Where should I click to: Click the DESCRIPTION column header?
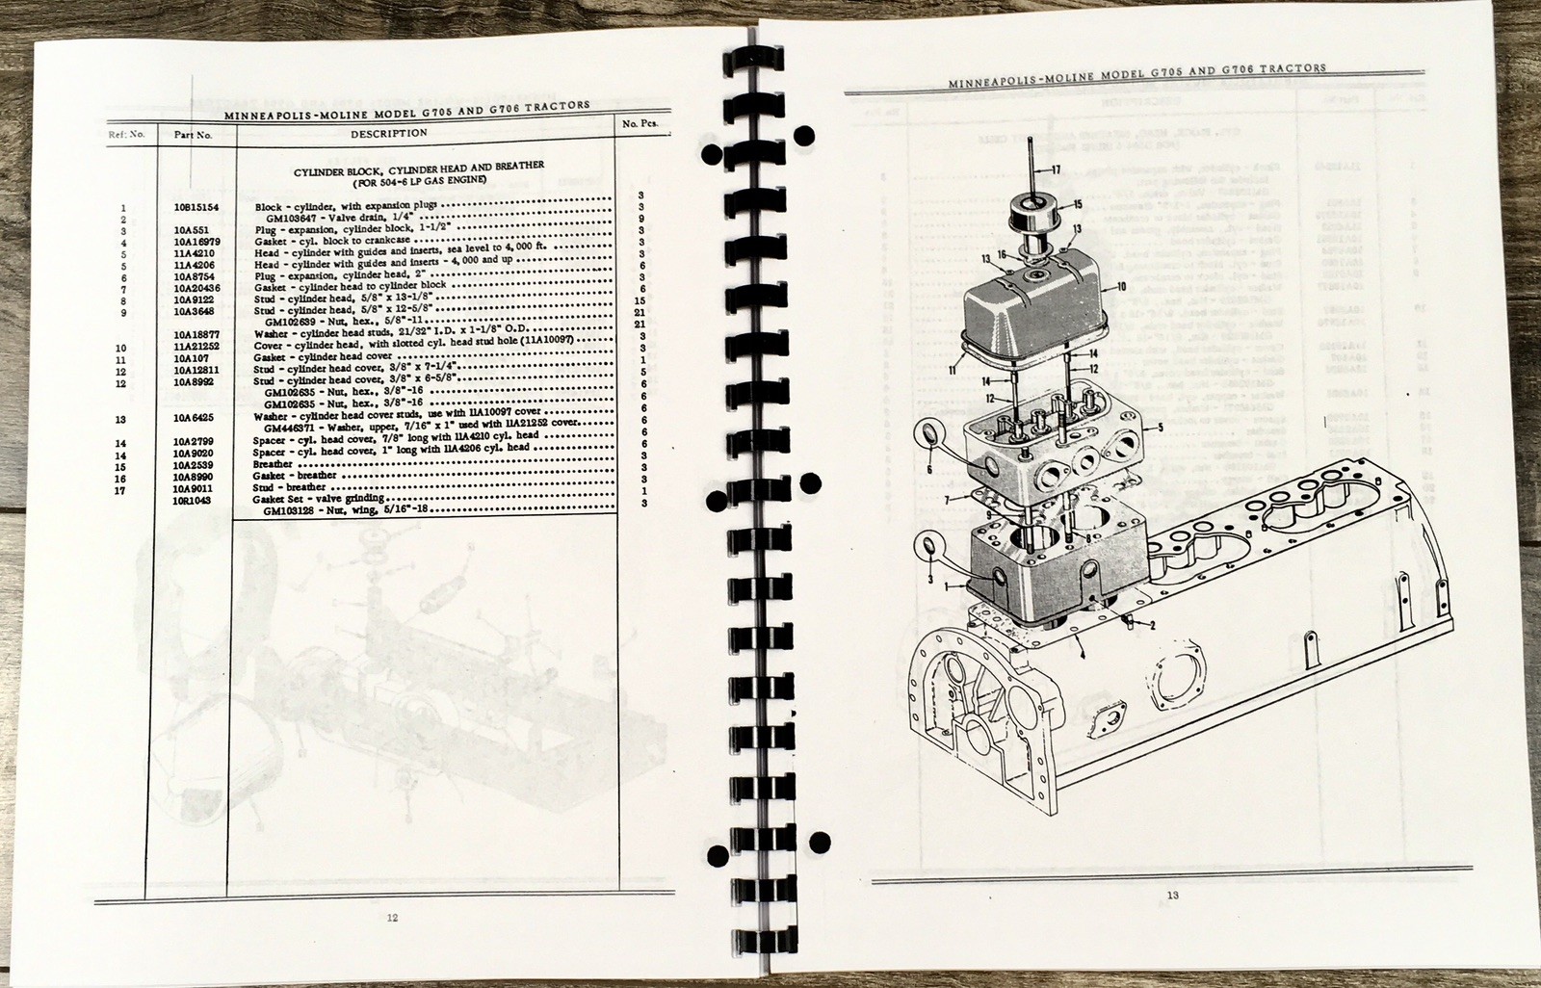(389, 133)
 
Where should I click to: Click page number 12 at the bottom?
(391, 917)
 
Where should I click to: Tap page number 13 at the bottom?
(1172, 896)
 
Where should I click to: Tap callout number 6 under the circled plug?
(929, 469)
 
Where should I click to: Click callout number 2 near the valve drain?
(1151, 625)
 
